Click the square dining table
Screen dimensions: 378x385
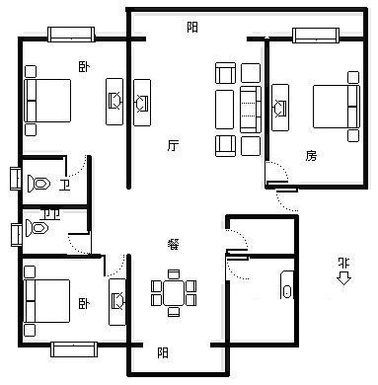(x=174, y=293)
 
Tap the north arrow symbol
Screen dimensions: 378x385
(x=344, y=278)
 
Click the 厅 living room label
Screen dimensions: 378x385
(x=173, y=145)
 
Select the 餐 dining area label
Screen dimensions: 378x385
(x=174, y=244)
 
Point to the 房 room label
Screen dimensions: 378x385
(x=311, y=155)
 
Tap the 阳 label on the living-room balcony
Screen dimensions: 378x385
(x=192, y=27)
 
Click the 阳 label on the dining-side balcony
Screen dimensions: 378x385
(x=163, y=353)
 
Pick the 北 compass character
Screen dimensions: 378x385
(x=344, y=263)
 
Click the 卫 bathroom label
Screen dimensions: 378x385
(x=64, y=185)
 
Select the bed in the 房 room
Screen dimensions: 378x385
(x=337, y=107)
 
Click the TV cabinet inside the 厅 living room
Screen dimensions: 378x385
(x=142, y=103)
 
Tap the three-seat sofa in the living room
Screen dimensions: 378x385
(x=251, y=110)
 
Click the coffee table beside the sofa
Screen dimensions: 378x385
(x=225, y=110)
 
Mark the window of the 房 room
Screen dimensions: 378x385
(x=316, y=36)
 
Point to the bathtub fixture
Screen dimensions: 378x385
(x=287, y=285)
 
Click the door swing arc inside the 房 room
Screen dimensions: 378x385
(x=278, y=170)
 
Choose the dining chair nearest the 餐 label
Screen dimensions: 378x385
(x=174, y=274)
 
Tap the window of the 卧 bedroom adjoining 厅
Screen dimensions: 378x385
(x=71, y=35)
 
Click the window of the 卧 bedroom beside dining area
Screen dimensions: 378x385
(x=74, y=349)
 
